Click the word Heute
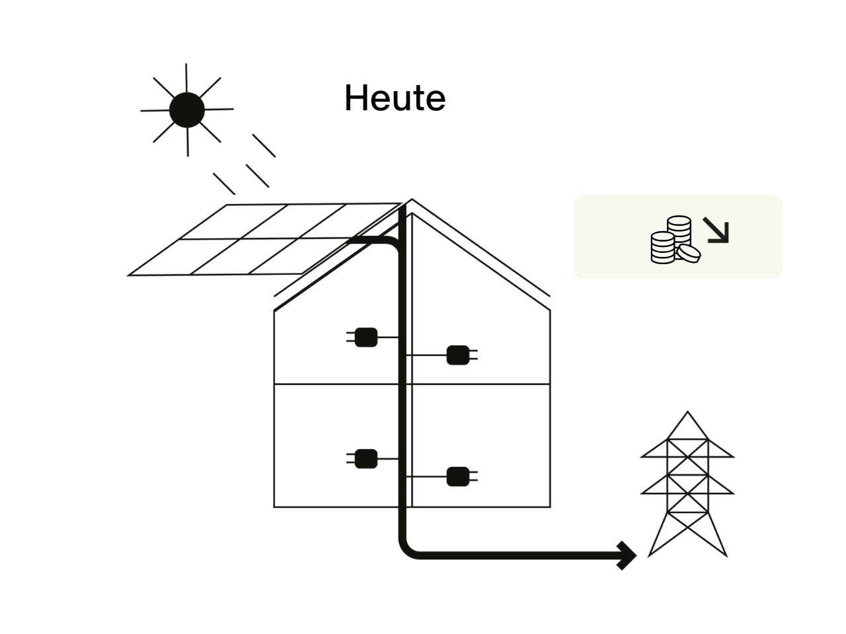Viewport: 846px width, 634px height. [x=395, y=98]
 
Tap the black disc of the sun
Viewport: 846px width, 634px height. [x=186, y=110]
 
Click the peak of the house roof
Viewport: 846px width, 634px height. [x=412, y=200]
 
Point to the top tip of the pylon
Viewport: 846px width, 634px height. [x=688, y=413]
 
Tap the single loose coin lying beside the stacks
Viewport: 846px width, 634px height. [x=689, y=252]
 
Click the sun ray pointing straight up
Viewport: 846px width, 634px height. [x=186, y=76]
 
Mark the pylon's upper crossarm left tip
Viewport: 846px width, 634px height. [x=642, y=456]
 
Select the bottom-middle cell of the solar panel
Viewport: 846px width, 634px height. [x=241, y=256]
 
